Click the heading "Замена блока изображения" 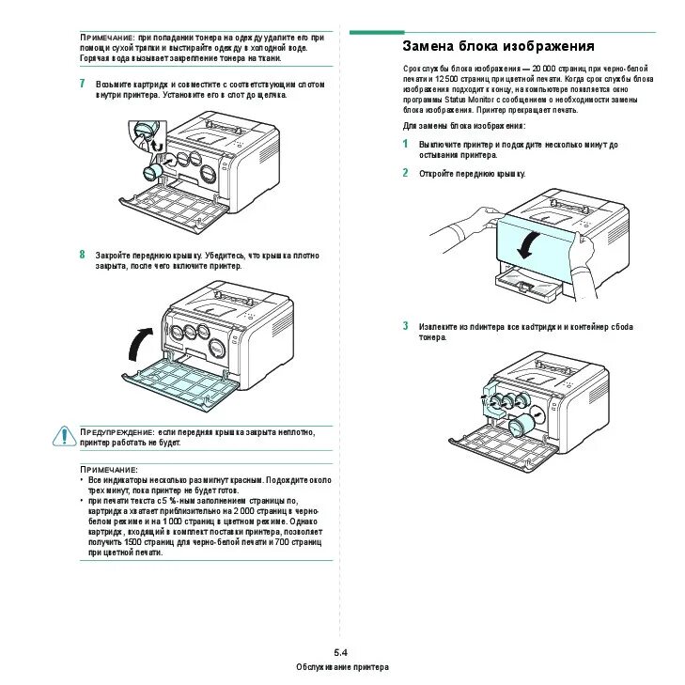coord(498,46)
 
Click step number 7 coord(83,84)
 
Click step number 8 coord(83,254)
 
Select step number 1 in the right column coord(405,144)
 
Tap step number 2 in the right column coord(405,173)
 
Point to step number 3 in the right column coord(405,326)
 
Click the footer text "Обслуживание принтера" coord(342,666)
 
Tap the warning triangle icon coord(64,435)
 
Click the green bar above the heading coord(376,32)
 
